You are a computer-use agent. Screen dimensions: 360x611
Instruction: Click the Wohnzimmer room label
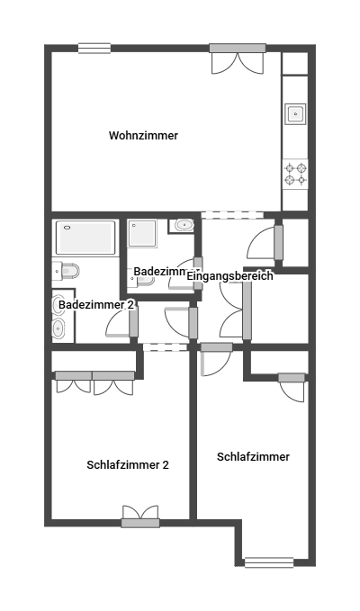click(x=143, y=136)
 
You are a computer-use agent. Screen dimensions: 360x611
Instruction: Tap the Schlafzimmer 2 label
click(x=128, y=465)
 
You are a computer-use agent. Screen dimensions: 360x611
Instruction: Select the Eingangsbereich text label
click(x=229, y=276)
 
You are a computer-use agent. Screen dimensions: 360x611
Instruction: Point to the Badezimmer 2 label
click(x=96, y=305)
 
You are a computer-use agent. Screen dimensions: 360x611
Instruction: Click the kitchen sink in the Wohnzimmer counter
click(x=295, y=113)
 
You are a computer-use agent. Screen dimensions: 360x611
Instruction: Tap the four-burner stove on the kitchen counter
click(x=295, y=175)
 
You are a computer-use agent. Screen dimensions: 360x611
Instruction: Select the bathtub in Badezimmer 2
click(x=85, y=238)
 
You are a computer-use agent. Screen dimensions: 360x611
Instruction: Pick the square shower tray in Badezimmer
click(x=142, y=233)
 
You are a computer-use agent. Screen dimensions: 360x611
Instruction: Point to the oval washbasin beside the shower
click(x=184, y=225)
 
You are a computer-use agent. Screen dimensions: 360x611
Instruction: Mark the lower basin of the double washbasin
click(x=58, y=328)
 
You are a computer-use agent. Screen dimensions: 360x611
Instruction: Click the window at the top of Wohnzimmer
click(x=94, y=48)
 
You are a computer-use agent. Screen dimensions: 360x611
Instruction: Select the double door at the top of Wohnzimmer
click(x=238, y=58)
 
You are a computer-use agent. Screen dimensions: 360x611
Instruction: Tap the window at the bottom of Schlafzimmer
click(x=269, y=562)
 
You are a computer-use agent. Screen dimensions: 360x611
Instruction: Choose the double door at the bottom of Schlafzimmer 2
click(x=140, y=517)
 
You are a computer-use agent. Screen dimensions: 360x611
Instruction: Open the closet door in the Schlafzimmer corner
click(x=292, y=387)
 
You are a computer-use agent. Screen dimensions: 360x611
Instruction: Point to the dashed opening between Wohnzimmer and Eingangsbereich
click(x=232, y=215)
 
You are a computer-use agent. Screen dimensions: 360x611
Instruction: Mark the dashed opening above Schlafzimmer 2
click(x=166, y=346)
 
